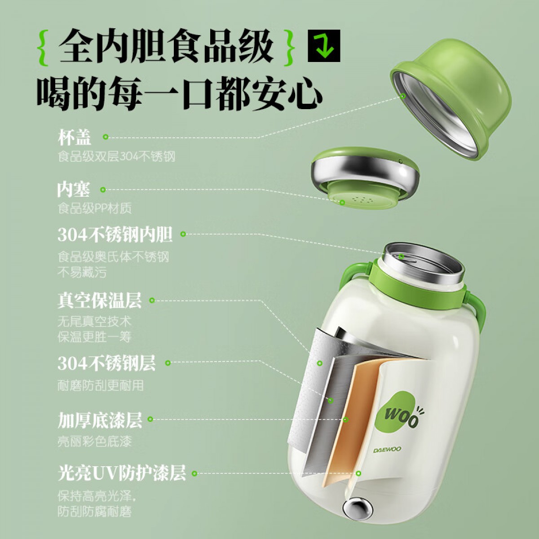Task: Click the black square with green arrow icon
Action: tap(324, 46)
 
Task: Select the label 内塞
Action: tap(74, 190)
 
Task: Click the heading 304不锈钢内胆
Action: tap(115, 234)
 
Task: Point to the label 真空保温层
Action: tap(100, 300)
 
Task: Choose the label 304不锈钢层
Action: tap(106, 363)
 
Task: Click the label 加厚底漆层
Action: tap(100, 420)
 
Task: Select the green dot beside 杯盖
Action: tap(106, 137)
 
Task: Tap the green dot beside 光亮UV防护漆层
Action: tap(194, 473)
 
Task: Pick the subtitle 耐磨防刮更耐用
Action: tap(101, 385)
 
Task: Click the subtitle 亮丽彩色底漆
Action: tap(94, 442)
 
